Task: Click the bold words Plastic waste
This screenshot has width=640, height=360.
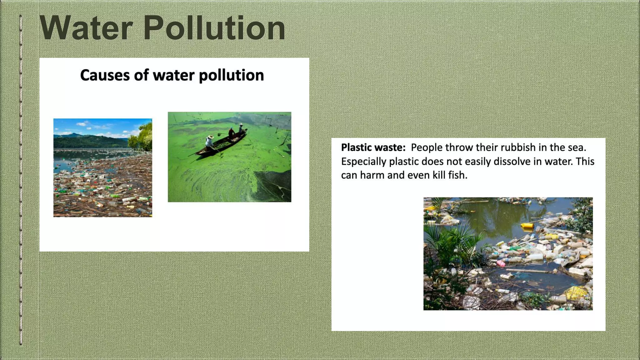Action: click(x=373, y=147)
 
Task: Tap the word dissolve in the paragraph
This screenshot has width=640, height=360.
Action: click(x=494, y=162)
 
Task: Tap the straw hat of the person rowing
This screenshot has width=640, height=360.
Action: click(x=211, y=137)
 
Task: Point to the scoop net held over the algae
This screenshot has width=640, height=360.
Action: click(x=219, y=134)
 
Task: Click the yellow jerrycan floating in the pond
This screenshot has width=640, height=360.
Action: click(x=527, y=225)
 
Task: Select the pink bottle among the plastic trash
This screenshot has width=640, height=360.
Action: click(x=501, y=263)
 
